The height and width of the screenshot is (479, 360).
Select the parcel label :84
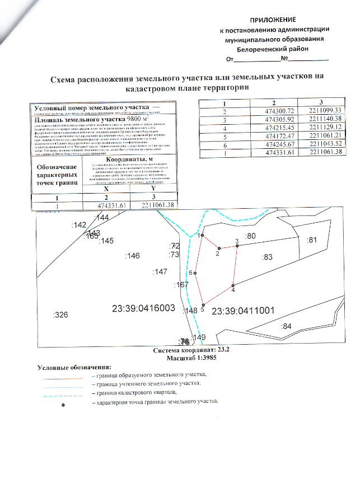tap(286, 326)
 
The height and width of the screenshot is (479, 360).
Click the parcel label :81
tap(312, 240)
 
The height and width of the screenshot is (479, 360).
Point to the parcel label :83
tap(267, 257)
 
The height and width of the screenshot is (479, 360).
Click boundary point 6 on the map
tap(195, 273)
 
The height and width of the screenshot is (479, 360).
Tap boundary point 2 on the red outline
tap(219, 248)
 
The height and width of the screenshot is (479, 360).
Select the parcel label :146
tap(133, 256)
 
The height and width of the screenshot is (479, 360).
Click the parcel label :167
tap(181, 285)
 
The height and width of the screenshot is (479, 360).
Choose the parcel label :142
tap(80, 224)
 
